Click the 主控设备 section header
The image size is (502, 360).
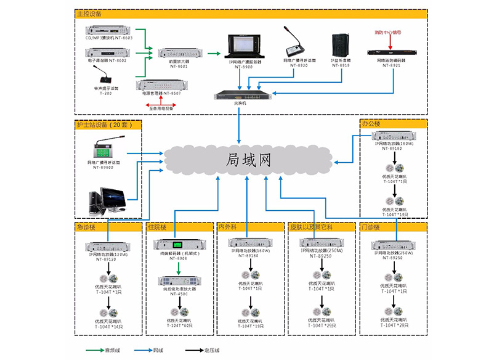tap(90, 13)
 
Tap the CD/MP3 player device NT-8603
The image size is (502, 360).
tap(109, 30)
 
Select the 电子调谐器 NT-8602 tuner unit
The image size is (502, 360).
tap(109, 52)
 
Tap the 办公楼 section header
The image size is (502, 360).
tap(371, 123)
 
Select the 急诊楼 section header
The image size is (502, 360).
tap(87, 227)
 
